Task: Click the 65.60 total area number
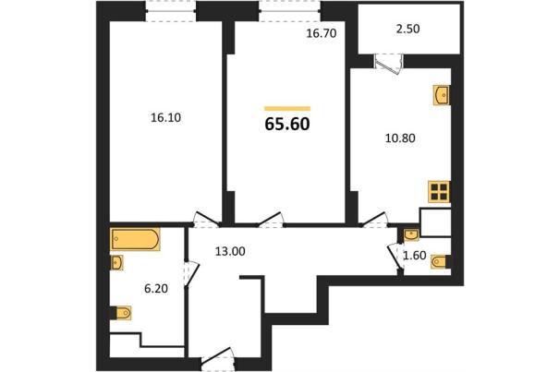click(x=287, y=124)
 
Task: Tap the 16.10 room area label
click(x=165, y=117)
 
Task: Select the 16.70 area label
click(x=322, y=33)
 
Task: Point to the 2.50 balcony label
click(x=408, y=29)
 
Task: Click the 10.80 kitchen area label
click(x=400, y=138)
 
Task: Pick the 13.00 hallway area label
click(x=230, y=252)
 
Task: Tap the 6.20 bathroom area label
click(x=156, y=288)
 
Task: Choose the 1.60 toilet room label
click(x=415, y=256)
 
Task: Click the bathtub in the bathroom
click(x=135, y=239)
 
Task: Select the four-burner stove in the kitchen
click(x=439, y=192)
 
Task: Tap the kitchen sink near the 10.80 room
click(x=442, y=95)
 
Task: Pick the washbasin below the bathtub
click(x=116, y=262)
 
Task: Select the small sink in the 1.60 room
click(x=411, y=235)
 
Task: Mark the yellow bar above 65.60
click(x=287, y=109)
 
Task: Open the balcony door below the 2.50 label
click(x=389, y=64)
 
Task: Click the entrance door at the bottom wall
click(x=218, y=359)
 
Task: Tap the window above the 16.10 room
click(x=171, y=11)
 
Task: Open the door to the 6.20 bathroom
click(x=190, y=273)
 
